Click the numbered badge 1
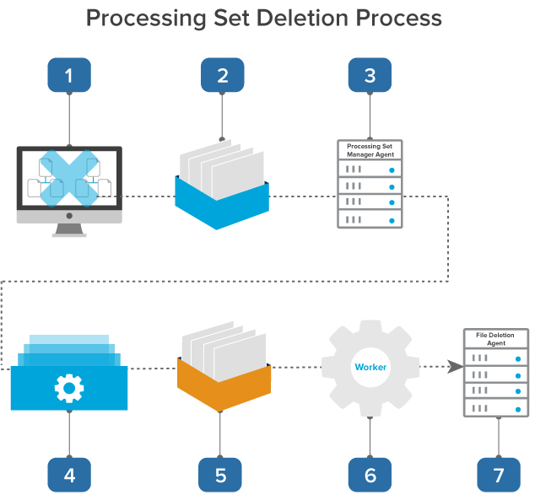[x=69, y=75]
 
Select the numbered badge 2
[x=222, y=75]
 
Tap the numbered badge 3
[x=370, y=75]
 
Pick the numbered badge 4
[x=69, y=475]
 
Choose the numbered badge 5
[x=220, y=475]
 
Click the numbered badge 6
[x=370, y=475]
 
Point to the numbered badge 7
[x=498, y=475]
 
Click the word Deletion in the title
[x=278, y=18]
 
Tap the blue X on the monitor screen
[x=69, y=179]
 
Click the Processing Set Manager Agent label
[x=370, y=150]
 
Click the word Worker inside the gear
[x=370, y=368]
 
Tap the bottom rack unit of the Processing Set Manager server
[x=370, y=218]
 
